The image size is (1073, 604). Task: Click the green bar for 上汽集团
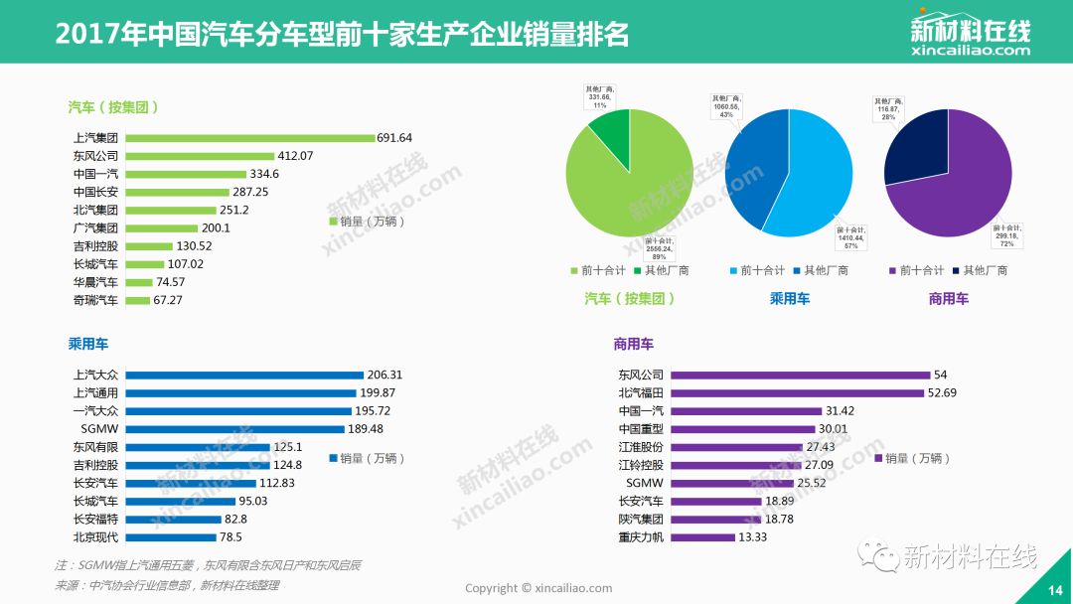pos(250,138)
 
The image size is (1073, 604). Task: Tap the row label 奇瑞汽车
pos(95,300)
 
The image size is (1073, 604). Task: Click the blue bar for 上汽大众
pos(244,376)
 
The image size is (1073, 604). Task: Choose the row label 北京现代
pos(95,537)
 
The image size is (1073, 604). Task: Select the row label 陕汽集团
pos(641,520)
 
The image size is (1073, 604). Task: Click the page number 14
pos(1054,590)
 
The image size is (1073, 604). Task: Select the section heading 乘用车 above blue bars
pos(88,344)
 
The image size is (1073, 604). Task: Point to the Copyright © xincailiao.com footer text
pos(538,588)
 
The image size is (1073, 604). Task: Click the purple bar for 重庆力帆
pos(702,537)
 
